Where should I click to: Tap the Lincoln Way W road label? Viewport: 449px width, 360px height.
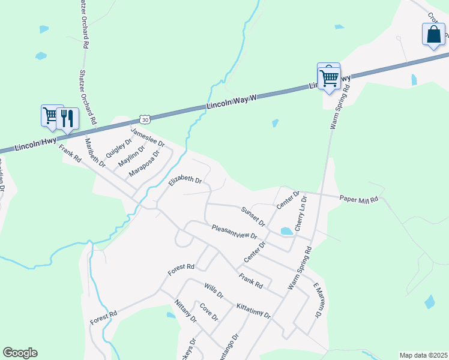point(232,101)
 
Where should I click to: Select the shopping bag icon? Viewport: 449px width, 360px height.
point(433,35)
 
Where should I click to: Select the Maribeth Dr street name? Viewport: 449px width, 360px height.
point(95,152)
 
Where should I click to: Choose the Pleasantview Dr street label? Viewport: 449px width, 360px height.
point(234,232)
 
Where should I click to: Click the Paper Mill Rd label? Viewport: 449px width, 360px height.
point(358,198)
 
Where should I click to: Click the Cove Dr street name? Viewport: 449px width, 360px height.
point(208,312)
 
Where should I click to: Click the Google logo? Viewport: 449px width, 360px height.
point(20,353)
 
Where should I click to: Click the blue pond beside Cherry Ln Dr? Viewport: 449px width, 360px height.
point(286,231)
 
